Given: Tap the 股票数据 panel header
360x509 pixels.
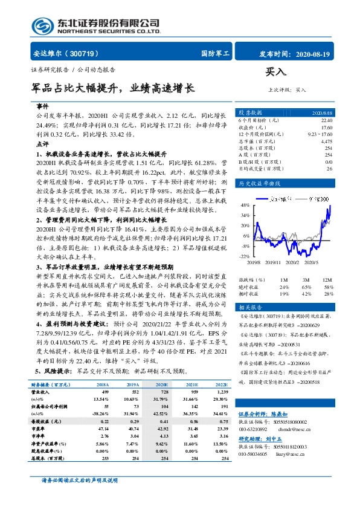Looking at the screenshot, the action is pos(249,112).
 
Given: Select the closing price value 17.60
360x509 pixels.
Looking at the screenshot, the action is pos(326,127).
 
